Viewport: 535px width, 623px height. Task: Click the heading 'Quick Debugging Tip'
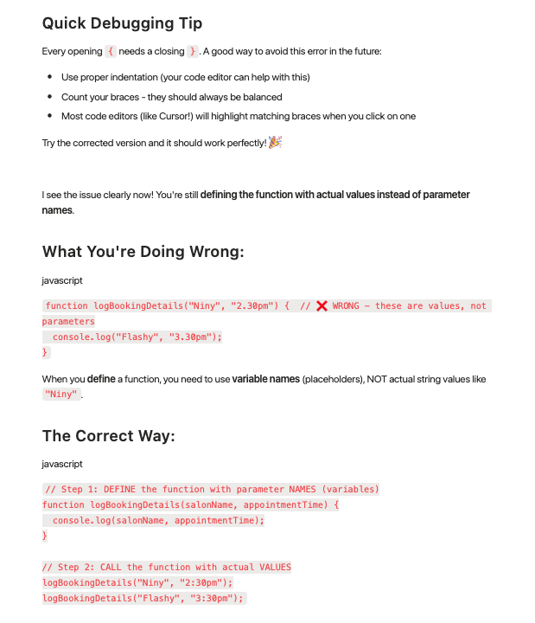122,23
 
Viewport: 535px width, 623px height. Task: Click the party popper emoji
276,142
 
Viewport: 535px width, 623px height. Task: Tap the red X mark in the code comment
322,306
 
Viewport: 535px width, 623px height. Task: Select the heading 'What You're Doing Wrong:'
143,252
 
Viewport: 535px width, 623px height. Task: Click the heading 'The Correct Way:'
108,435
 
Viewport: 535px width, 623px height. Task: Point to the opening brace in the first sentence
111,52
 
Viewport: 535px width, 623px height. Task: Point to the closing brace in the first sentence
193,52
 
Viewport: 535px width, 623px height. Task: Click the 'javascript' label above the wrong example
62,280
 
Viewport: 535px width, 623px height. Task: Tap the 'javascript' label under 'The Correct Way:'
62,465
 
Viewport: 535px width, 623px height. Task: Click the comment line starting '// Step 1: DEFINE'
212,489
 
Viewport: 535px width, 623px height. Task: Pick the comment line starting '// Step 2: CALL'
167,568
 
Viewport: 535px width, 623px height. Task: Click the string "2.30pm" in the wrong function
252,306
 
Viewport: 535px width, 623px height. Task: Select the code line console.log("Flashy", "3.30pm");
137,337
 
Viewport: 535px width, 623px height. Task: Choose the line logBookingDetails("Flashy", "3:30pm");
143,598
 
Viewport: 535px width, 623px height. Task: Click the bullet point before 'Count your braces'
52,97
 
